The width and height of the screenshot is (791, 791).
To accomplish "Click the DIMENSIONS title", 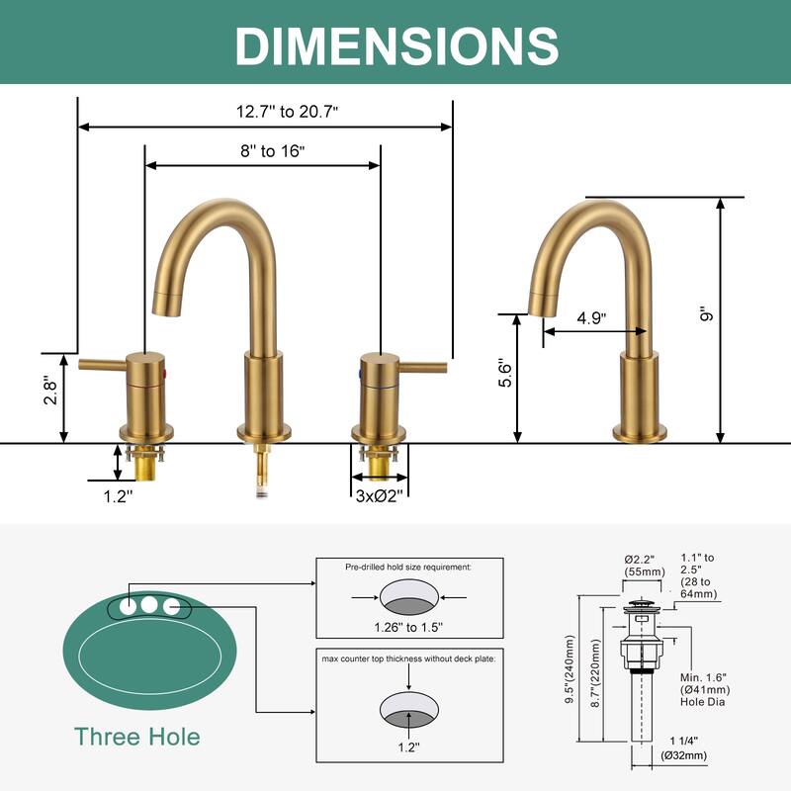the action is point(396,45).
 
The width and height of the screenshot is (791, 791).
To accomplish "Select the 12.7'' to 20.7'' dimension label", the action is point(287,112).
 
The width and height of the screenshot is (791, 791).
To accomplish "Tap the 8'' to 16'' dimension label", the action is point(273,151).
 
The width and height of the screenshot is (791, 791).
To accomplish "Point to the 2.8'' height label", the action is point(50,390).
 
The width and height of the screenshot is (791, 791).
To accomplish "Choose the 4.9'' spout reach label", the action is point(591,317).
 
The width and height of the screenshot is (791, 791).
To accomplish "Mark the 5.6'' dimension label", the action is point(505,373).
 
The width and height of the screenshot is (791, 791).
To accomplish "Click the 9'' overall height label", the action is point(707,313).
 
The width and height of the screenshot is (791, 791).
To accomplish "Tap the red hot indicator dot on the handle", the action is point(163,373).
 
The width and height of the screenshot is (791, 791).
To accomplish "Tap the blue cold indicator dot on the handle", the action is point(360,374).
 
